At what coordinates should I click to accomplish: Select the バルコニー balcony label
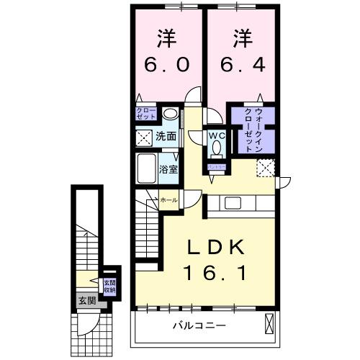[x=199, y=325]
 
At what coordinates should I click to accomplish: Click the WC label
[x=217, y=135]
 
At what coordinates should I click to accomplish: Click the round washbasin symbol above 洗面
[x=171, y=114]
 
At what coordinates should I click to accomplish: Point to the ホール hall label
[x=168, y=199]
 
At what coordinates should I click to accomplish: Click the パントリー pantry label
[x=217, y=166]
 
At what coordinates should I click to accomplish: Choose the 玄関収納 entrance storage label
[x=109, y=287]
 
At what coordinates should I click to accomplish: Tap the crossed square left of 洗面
[x=144, y=135]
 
